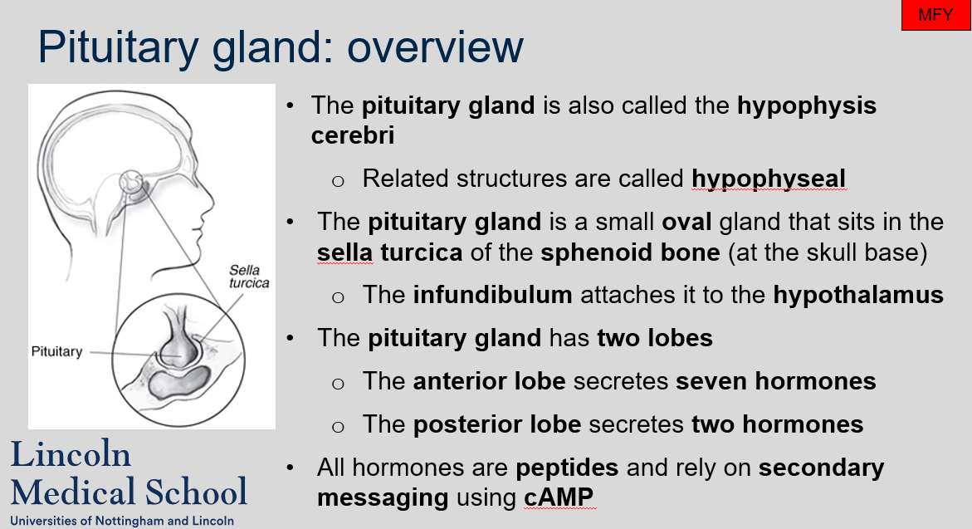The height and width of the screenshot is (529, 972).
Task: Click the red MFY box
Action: [935, 15]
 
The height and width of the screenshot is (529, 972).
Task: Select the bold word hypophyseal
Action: [769, 179]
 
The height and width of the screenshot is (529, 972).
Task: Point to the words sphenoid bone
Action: [630, 252]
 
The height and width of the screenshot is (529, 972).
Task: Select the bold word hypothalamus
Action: [858, 295]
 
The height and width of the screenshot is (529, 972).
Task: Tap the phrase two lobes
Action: [655, 338]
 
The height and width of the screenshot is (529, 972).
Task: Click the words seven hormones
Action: [775, 381]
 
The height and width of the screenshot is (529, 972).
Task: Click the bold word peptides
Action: [567, 468]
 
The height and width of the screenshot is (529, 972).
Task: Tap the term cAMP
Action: [559, 497]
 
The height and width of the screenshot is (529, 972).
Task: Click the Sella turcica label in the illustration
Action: [248, 277]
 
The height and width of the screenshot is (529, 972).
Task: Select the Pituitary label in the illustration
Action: [56, 351]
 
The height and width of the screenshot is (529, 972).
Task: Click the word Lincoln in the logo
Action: [71, 453]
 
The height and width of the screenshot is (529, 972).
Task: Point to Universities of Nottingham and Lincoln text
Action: [122, 522]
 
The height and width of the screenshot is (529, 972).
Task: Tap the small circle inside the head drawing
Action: [131, 182]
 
